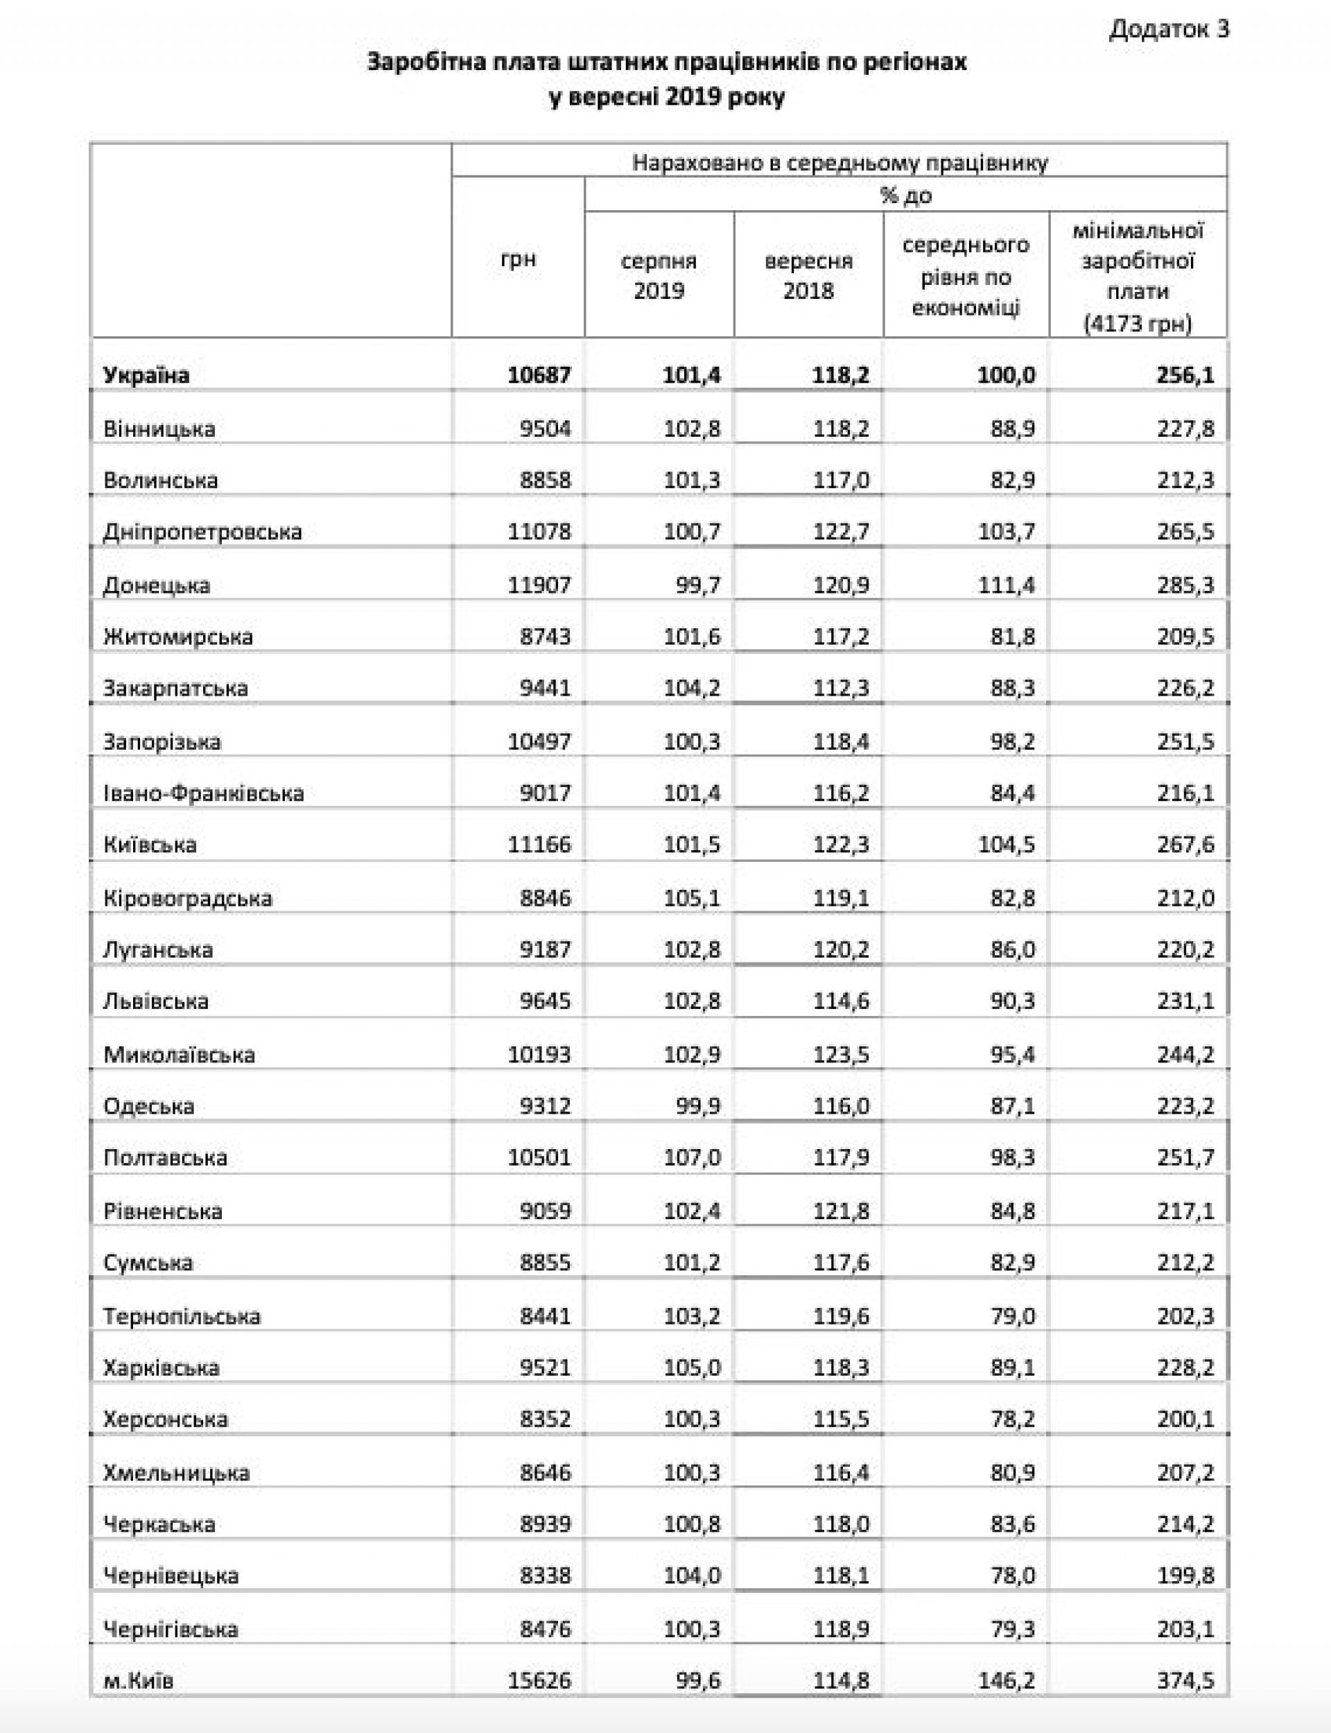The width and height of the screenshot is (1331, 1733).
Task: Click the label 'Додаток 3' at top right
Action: [1169, 29]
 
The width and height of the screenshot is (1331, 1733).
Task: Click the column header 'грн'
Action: [518, 259]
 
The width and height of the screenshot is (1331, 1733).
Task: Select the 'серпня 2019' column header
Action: [659, 275]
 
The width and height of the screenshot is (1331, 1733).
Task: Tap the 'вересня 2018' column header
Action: [808, 275]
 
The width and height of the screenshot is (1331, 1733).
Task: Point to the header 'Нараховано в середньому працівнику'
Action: [840, 162]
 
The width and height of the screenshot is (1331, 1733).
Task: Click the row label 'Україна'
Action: [146, 374]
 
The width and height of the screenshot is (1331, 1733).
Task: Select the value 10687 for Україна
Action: [539, 374]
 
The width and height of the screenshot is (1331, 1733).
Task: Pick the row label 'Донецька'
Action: [156, 585]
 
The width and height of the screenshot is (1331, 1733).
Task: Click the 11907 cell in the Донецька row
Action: [539, 585]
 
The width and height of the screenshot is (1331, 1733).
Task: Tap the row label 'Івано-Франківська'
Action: [204, 793]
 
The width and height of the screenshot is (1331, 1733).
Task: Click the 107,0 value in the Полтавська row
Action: [692, 1157]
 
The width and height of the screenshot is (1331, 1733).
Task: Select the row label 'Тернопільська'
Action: [182, 1316]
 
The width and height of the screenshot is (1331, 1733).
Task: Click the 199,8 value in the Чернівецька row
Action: [1185, 1576]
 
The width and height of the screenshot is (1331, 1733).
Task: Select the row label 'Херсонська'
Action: [165, 1418]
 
